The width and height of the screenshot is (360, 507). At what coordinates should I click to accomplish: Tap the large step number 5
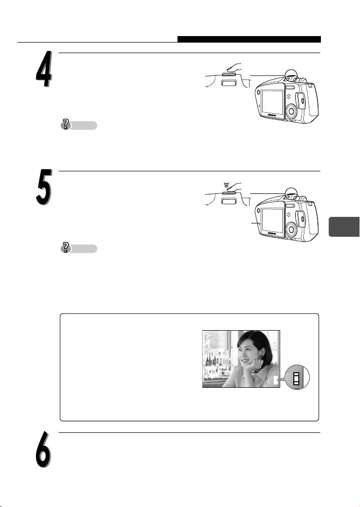pos(44,187)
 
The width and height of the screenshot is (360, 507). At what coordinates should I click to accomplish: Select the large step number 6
pos(44,449)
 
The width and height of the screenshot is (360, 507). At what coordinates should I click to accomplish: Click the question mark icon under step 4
pos(66,125)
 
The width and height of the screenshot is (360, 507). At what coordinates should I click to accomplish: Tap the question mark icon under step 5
pos(66,248)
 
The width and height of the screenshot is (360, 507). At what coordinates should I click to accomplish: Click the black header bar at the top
pos(249,39)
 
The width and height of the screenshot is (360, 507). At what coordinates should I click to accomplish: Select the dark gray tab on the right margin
pos(344,227)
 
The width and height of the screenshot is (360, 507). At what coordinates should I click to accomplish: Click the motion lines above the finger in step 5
pos(226,185)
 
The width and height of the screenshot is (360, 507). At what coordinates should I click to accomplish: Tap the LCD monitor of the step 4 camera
pos(272,102)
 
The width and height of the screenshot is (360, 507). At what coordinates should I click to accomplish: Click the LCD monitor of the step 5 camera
pos(272,220)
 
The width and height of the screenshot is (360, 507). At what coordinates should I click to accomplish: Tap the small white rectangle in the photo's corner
pos(276,381)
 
